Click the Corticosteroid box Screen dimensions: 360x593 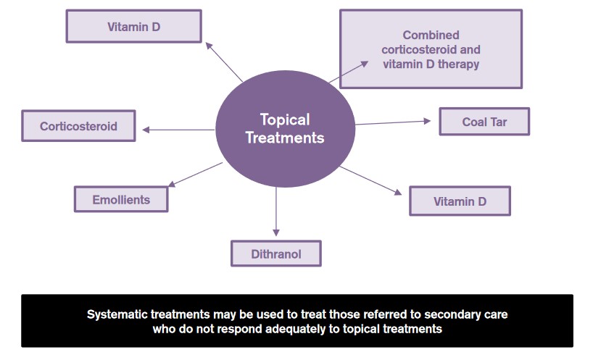click(x=78, y=126)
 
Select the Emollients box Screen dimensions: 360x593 click(x=121, y=199)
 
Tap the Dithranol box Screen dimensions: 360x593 click(x=275, y=254)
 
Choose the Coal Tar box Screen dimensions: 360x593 click(x=484, y=122)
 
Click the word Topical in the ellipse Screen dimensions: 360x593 click(x=285, y=120)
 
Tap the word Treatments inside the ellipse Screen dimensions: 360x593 click(x=285, y=138)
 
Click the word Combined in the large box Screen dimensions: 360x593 click(x=431, y=35)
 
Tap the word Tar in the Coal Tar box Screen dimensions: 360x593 click(x=498, y=122)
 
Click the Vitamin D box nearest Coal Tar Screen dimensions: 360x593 click(x=460, y=201)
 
